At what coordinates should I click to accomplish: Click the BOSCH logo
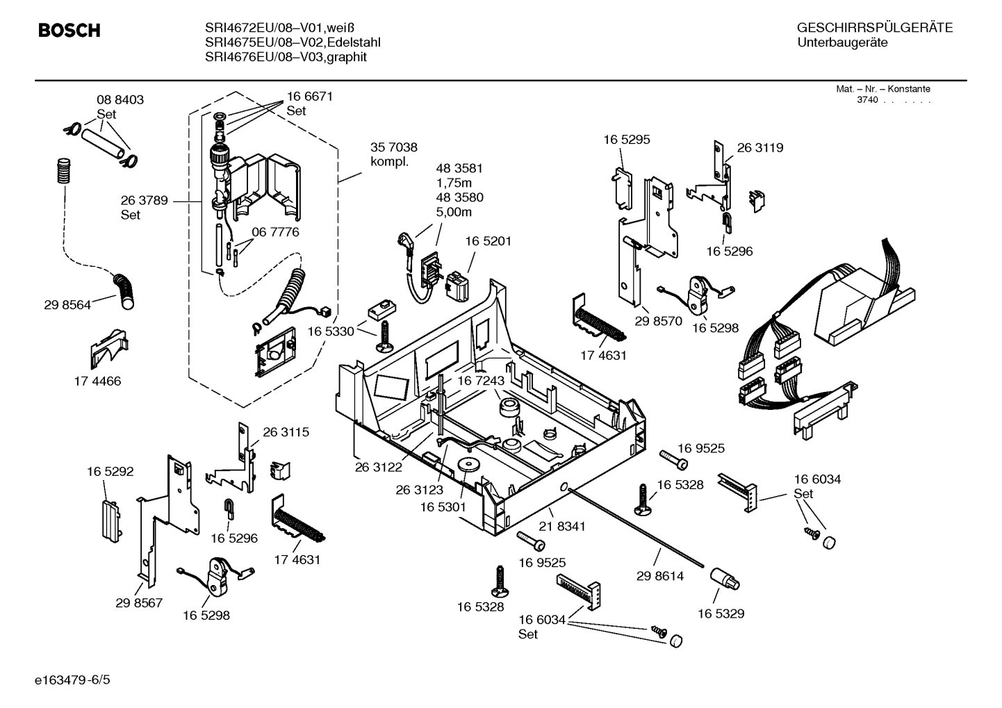click(69, 31)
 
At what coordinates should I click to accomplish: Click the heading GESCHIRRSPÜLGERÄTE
click(874, 28)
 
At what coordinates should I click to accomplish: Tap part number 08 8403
click(120, 100)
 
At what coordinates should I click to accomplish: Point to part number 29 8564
click(67, 304)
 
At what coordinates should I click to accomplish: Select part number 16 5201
click(488, 241)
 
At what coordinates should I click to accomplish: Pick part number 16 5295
click(626, 140)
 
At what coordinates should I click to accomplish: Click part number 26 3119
click(759, 147)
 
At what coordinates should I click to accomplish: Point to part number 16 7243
click(480, 381)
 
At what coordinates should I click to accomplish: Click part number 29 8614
click(659, 576)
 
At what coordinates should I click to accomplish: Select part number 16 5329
click(721, 614)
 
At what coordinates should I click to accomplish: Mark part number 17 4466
click(97, 381)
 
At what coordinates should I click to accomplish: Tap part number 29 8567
click(139, 603)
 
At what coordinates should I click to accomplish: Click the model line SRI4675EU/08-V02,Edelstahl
click(293, 42)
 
